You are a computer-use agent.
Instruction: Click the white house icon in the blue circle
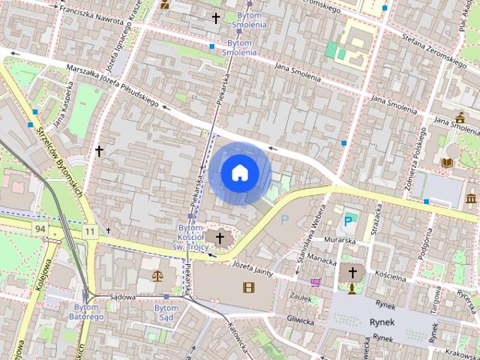pyautogui.click(x=240, y=173)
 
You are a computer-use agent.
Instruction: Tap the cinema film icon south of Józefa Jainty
pyautogui.click(x=248, y=286)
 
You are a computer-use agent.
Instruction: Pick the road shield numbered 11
pyautogui.click(x=90, y=232)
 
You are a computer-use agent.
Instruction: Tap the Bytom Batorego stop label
pyautogui.click(x=88, y=313)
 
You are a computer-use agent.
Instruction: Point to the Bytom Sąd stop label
pyautogui.click(x=166, y=313)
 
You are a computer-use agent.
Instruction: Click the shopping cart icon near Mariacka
pyautogui.click(x=316, y=282)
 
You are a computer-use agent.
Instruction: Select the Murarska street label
pyautogui.click(x=340, y=241)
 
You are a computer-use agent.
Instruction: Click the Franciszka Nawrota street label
pyautogui.click(x=91, y=13)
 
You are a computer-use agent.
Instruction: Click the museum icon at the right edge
pyautogui.click(x=471, y=199)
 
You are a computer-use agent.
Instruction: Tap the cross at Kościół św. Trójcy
pyautogui.click(x=220, y=238)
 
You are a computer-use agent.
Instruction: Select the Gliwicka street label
pyautogui.click(x=299, y=319)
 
